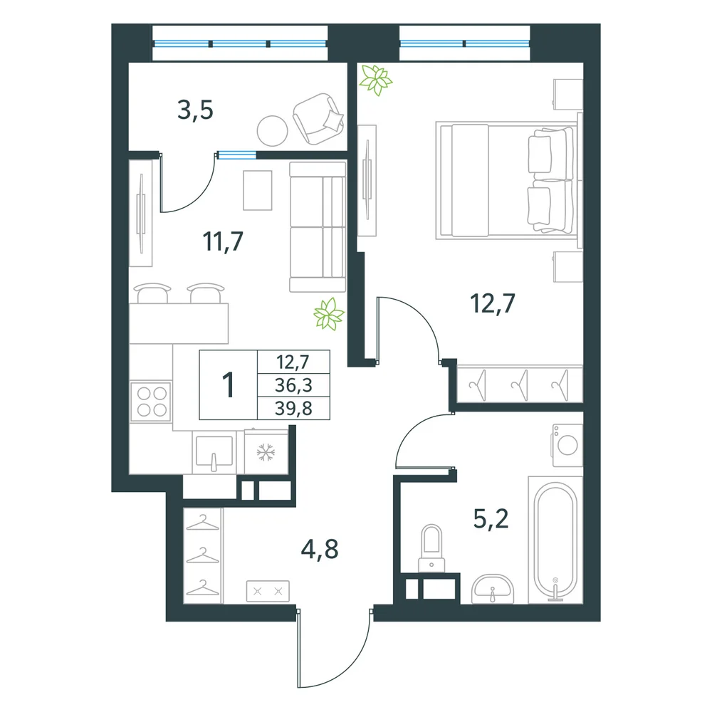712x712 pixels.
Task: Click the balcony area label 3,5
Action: [x=195, y=110]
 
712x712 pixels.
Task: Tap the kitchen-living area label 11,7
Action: [x=223, y=241]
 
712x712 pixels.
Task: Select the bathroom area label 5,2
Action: [x=491, y=518]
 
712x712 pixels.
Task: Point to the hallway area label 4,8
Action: [x=320, y=549]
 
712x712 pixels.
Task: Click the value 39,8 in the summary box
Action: [x=293, y=408]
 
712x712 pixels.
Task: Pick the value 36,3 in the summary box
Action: [x=293, y=385]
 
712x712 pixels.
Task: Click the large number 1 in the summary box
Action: [x=228, y=384]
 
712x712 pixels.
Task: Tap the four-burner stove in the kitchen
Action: [x=151, y=402]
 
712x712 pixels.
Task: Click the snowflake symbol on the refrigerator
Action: [x=266, y=453]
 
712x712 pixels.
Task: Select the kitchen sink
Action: [x=214, y=452]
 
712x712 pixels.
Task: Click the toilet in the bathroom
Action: [x=431, y=548]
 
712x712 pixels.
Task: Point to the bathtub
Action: [x=555, y=540]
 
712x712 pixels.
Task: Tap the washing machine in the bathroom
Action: [x=567, y=446]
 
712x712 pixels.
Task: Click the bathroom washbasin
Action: [x=493, y=590]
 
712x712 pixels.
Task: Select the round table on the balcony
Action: [x=273, y=131]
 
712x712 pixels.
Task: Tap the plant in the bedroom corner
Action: [x=375, y=80]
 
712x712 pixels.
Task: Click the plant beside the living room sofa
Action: [x=329, y=314]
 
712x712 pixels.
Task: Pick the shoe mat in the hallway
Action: [x=268, y=591]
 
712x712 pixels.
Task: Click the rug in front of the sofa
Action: [x=258, y=190]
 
